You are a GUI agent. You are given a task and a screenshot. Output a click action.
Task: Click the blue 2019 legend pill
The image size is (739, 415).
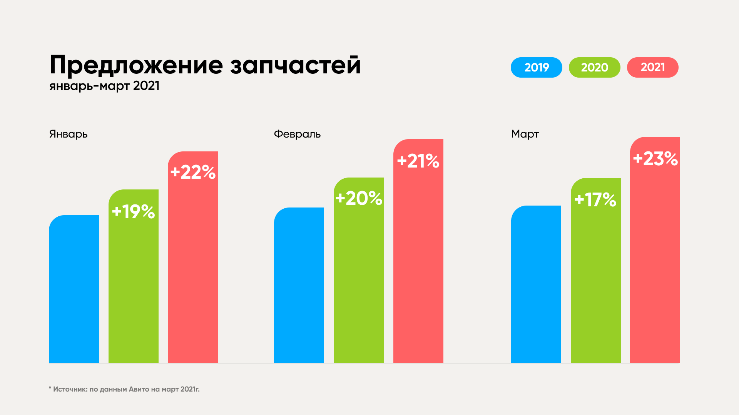[x=536, y=67]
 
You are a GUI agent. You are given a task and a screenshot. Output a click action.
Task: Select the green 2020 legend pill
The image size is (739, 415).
[x=594, y=67]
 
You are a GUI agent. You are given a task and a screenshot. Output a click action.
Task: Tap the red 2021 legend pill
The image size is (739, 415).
[x=652, y=67]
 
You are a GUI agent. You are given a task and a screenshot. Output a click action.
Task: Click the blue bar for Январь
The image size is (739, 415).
[x=74, y=289]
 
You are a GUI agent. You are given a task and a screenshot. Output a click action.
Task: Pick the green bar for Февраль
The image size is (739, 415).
[x=359, y=270]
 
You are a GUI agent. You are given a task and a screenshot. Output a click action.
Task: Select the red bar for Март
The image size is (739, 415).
[x=655, y=250]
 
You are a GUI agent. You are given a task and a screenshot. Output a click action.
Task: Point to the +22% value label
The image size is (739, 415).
[x=193, y=172]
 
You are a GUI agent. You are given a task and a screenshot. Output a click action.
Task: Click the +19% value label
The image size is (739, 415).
[x=133, y=212]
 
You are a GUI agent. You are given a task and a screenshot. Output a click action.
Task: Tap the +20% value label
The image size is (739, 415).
[x=359, y=198]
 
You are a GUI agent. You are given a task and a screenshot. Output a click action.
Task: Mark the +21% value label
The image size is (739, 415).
[x=418, y=161]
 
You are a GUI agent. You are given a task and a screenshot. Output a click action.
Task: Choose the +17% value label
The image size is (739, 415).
[x=595, y=200]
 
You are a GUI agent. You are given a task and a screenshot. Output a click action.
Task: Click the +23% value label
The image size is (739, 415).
[x=655, y=158]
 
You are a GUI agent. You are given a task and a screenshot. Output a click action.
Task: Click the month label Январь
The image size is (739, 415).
[x=69, y=134]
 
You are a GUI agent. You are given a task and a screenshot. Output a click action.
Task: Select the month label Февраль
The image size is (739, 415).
[x=297, y=134]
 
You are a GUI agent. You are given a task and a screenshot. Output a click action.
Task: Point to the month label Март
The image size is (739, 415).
[x=525, y=134]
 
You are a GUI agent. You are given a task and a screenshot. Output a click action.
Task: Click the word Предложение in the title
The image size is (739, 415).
[x=136, y=65]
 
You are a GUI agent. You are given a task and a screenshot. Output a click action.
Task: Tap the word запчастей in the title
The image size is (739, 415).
[x=296, y=65]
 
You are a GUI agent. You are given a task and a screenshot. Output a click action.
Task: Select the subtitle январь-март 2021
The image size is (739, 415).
[x=104, y=86]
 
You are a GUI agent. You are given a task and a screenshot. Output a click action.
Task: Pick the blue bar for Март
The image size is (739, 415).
[x=536, y=284]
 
